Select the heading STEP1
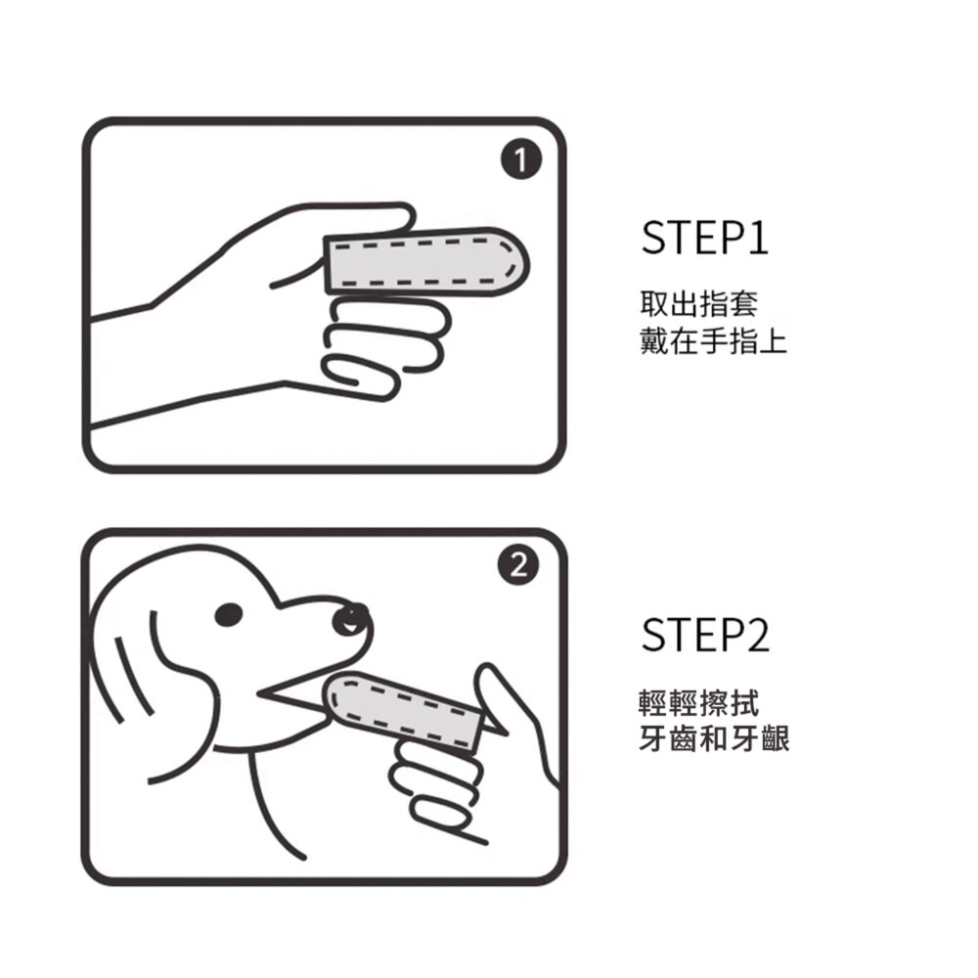coord(704,238)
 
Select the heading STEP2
coord(705,636)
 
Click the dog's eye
coord(229,613)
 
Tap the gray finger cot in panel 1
coord(425,259)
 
